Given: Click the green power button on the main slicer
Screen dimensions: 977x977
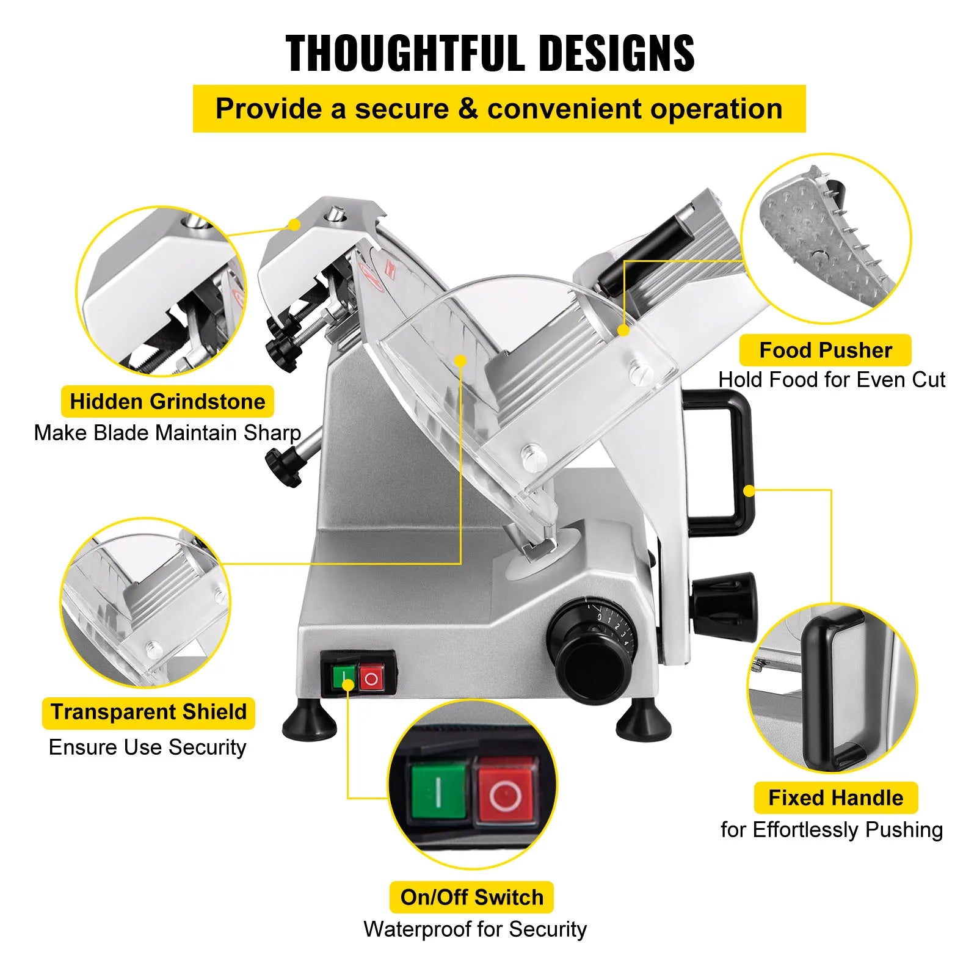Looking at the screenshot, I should [x=344, y=677].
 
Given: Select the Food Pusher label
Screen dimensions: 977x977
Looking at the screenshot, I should [x=825, y=350].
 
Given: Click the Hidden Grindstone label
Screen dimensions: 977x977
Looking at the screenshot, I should [x=167, y=402].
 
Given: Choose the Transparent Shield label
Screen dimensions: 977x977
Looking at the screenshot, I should [x=148, y=713].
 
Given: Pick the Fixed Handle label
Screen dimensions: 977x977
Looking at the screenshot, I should [x=835, y=798].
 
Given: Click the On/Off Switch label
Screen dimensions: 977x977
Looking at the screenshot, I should [x=471, y=897].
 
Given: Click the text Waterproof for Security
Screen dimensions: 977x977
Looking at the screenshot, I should [x=475, y=929].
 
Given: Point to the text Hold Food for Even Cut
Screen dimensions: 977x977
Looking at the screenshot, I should [x=831, y=380].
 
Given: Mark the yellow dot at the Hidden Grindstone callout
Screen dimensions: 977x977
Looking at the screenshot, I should [x=295, y=224].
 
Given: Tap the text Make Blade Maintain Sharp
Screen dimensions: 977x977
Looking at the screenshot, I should [x=167, y=433].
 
